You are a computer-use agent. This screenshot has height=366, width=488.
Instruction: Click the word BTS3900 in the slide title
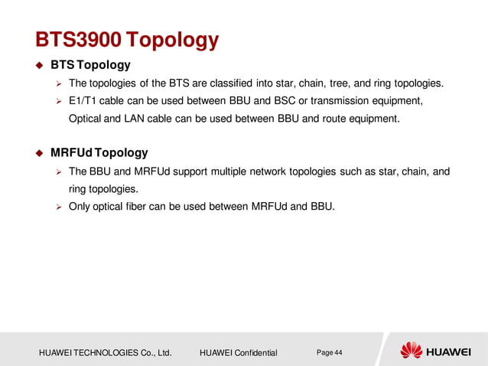click(78, 39)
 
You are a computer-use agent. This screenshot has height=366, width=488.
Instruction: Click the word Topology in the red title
click(173, 39)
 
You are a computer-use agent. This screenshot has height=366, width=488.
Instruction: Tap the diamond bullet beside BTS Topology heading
click(40, 65)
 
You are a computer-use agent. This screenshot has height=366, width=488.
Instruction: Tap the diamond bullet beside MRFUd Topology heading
click(40, 153)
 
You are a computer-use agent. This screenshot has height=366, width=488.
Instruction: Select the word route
click(321, 119)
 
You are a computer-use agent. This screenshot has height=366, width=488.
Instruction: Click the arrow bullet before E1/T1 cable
click(57, 101)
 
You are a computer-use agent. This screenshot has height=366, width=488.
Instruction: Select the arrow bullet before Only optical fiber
click(57, 207)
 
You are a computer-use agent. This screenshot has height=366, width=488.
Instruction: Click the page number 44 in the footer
click(338, 352)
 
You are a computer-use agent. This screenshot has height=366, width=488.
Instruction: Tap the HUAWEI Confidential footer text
click(238, 353)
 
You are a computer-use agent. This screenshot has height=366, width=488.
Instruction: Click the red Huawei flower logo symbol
click(412, 351)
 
